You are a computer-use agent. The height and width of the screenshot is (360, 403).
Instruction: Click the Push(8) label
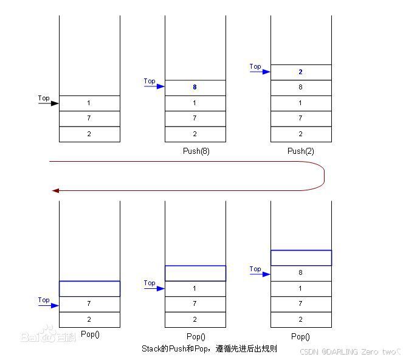[195, 151]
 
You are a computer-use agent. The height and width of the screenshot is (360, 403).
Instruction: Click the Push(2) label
[300, 151]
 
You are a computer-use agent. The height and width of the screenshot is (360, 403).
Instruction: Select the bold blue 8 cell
[195, 88]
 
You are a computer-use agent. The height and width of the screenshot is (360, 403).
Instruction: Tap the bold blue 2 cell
[301, 72]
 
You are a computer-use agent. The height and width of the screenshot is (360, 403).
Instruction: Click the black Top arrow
[48, 103]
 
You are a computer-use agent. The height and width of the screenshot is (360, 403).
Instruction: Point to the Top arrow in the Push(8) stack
[154, 86]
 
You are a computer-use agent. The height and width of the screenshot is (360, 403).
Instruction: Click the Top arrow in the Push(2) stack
[260, 71]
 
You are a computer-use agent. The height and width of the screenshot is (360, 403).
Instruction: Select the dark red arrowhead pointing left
[55, 190]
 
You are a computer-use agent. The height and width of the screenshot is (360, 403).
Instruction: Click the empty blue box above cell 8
[301, 258]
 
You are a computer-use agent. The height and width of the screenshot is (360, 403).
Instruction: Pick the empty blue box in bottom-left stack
[89, 288]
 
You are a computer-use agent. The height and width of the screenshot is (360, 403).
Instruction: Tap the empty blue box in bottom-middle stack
[195, 273]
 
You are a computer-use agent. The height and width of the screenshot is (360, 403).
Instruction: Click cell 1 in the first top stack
[89, 103]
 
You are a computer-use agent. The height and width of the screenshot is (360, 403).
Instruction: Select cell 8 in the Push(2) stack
[301, 88]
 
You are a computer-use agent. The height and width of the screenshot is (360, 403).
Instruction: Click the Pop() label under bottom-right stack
[300, 336]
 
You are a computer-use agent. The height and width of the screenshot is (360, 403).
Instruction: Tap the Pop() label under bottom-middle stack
[195, 336]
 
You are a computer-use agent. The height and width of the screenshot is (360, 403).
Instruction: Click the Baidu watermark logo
[49, 336]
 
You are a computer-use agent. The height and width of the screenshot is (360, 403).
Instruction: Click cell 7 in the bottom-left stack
[89, 303]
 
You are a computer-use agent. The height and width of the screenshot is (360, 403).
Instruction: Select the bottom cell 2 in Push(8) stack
[195, 134]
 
